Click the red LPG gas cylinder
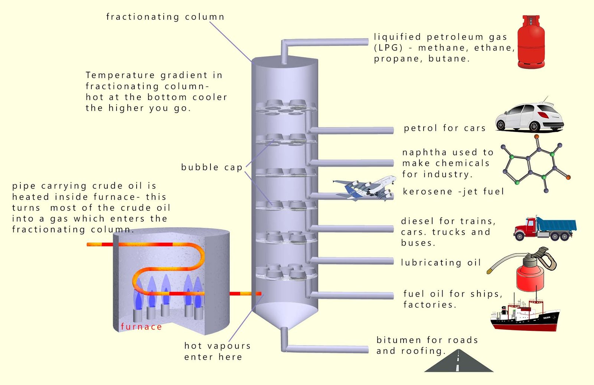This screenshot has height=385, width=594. click(531, 43)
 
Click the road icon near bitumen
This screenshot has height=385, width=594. click(458, 362)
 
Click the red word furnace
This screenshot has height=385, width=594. click(141, 327)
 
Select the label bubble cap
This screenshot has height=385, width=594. click(212, 167)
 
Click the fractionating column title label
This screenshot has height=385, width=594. click(165, 17)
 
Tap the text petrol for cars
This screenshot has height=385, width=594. click(444, 128)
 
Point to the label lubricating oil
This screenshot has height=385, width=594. click(441, 262)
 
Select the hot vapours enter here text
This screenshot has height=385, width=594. click(217, 351)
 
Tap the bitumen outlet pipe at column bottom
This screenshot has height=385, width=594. click(327, 349)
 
